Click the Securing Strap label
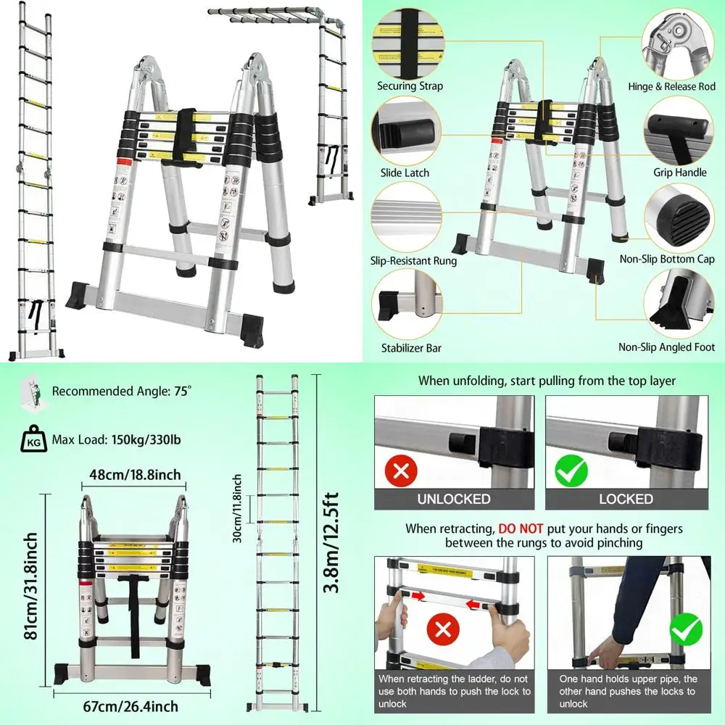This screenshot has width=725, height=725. tap(410, 86)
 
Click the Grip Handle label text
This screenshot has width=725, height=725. tap(680, 173)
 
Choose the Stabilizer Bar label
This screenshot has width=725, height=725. tap(411, 348)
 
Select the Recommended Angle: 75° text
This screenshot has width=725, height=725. tap(122, 391)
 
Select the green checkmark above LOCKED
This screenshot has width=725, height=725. tap(572, 471)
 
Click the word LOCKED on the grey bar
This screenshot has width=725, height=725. tap(626, 499)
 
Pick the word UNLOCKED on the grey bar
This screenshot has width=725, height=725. tap(454, 499)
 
